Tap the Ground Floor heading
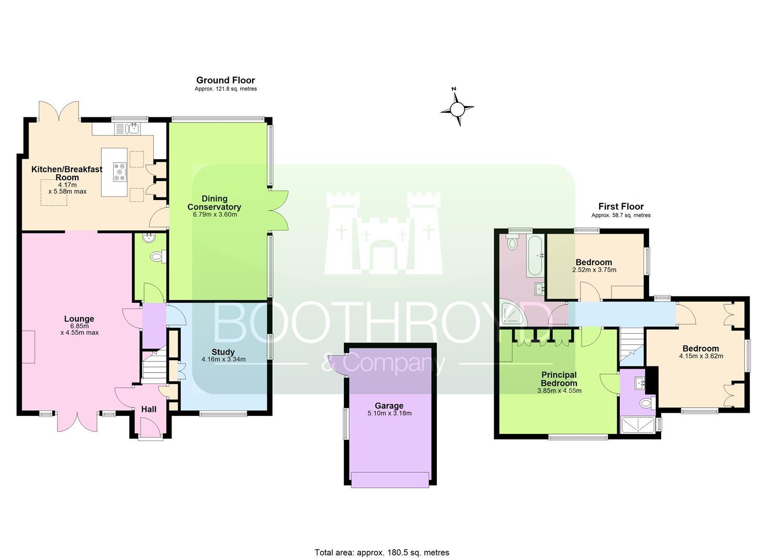click(226, 80)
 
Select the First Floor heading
click(621, 207)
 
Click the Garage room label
click(389, 406)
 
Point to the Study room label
click(223, 352)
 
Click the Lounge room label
click(79, 319)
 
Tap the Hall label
click(149, 409)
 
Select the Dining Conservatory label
click(214, 203)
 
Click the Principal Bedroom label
click(559, 379)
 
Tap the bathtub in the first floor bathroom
click(535, 256)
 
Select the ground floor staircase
click(154, 366)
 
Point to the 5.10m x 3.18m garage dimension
click(389, 413)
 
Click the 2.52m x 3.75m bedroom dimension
click(594, 270)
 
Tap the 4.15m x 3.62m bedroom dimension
click(701, 356)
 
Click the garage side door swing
click(337, 365)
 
